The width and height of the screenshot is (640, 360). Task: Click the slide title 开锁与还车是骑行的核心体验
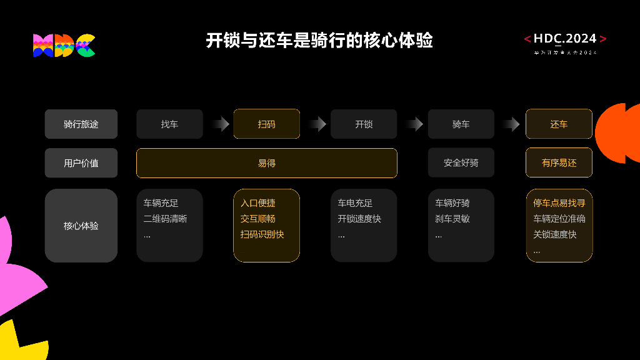319,41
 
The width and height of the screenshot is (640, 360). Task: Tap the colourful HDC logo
64,45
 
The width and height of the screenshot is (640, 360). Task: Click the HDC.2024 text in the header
565,39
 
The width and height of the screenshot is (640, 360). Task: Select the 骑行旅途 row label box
81,124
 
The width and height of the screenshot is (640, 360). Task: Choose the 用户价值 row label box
81,163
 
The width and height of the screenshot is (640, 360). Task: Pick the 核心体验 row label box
81,226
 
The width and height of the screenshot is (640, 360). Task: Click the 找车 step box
169,124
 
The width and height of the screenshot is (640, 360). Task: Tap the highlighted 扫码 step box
266,124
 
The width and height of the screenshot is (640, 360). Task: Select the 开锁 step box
364,124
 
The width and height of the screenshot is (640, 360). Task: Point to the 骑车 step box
461,124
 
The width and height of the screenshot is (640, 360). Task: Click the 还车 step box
559,124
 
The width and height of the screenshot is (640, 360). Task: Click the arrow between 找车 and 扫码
219,124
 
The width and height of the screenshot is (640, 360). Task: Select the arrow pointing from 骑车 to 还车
511,124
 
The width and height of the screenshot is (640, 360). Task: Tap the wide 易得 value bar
266,163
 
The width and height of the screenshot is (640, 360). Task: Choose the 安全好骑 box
461,163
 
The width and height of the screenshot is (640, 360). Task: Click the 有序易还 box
559,163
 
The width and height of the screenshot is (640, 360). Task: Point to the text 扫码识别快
262,234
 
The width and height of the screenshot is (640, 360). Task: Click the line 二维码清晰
165,219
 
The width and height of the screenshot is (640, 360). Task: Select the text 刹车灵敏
452,219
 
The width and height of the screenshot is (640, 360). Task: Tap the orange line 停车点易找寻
559,203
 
